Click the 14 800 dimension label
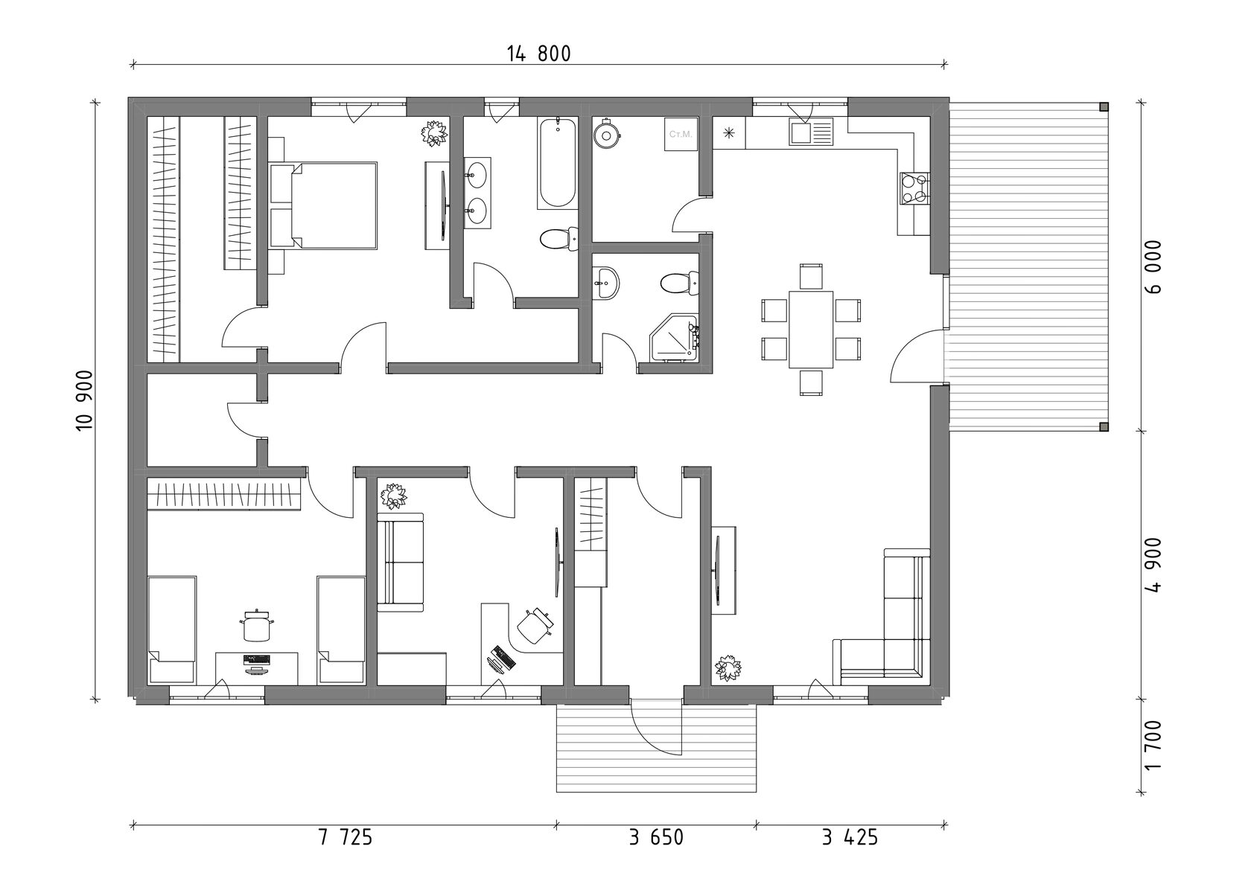click(539, 54)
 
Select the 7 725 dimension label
click(345, 838)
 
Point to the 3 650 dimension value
click(656, 838)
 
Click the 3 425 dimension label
click(850, 838)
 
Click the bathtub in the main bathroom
click(556, 162)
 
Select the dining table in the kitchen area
click(810, 328)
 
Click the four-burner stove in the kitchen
click(914, 188)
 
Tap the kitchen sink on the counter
click(812, 133)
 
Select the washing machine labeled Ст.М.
click(681, 135)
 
